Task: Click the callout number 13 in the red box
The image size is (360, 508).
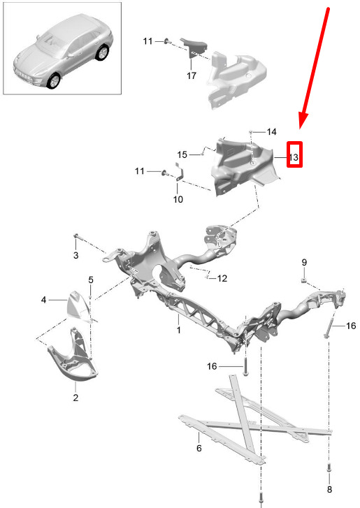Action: pyautogui.click(x=294, y=157)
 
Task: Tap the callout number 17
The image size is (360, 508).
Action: pyautogui.click(x=191, y=75)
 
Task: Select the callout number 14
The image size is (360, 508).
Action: pyautogui.click(x=271, y=131)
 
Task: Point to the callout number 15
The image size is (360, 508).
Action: pyautogui.click(x=182, y=154)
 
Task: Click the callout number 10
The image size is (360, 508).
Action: pyautogui.click(x=178, y=199)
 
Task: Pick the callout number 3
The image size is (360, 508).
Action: pyautogui.click(x=75, y=255)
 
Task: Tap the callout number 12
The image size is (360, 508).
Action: pyautogui.click(x=222, y=278)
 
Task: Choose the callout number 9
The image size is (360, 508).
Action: pyautogui.click(x=304, y=262)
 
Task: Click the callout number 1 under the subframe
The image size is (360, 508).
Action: pyautogui.click(x=178, y=330)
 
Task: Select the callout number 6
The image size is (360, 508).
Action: pyautogui.click(x=199, y=448)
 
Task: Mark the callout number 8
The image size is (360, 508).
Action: pyautogui.click(x=329, y=489)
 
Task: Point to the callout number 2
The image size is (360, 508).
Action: pyautogui.click(x=75, y=397)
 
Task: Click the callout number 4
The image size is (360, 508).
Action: pyautogui.click(x=44, y=300)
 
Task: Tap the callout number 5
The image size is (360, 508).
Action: pyautogui.click(x=91, y=280)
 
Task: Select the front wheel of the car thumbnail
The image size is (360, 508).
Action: pyautogui.click(x=54, y=81)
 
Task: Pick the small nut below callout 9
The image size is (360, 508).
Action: pyautogui.click(x=303, y=280)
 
